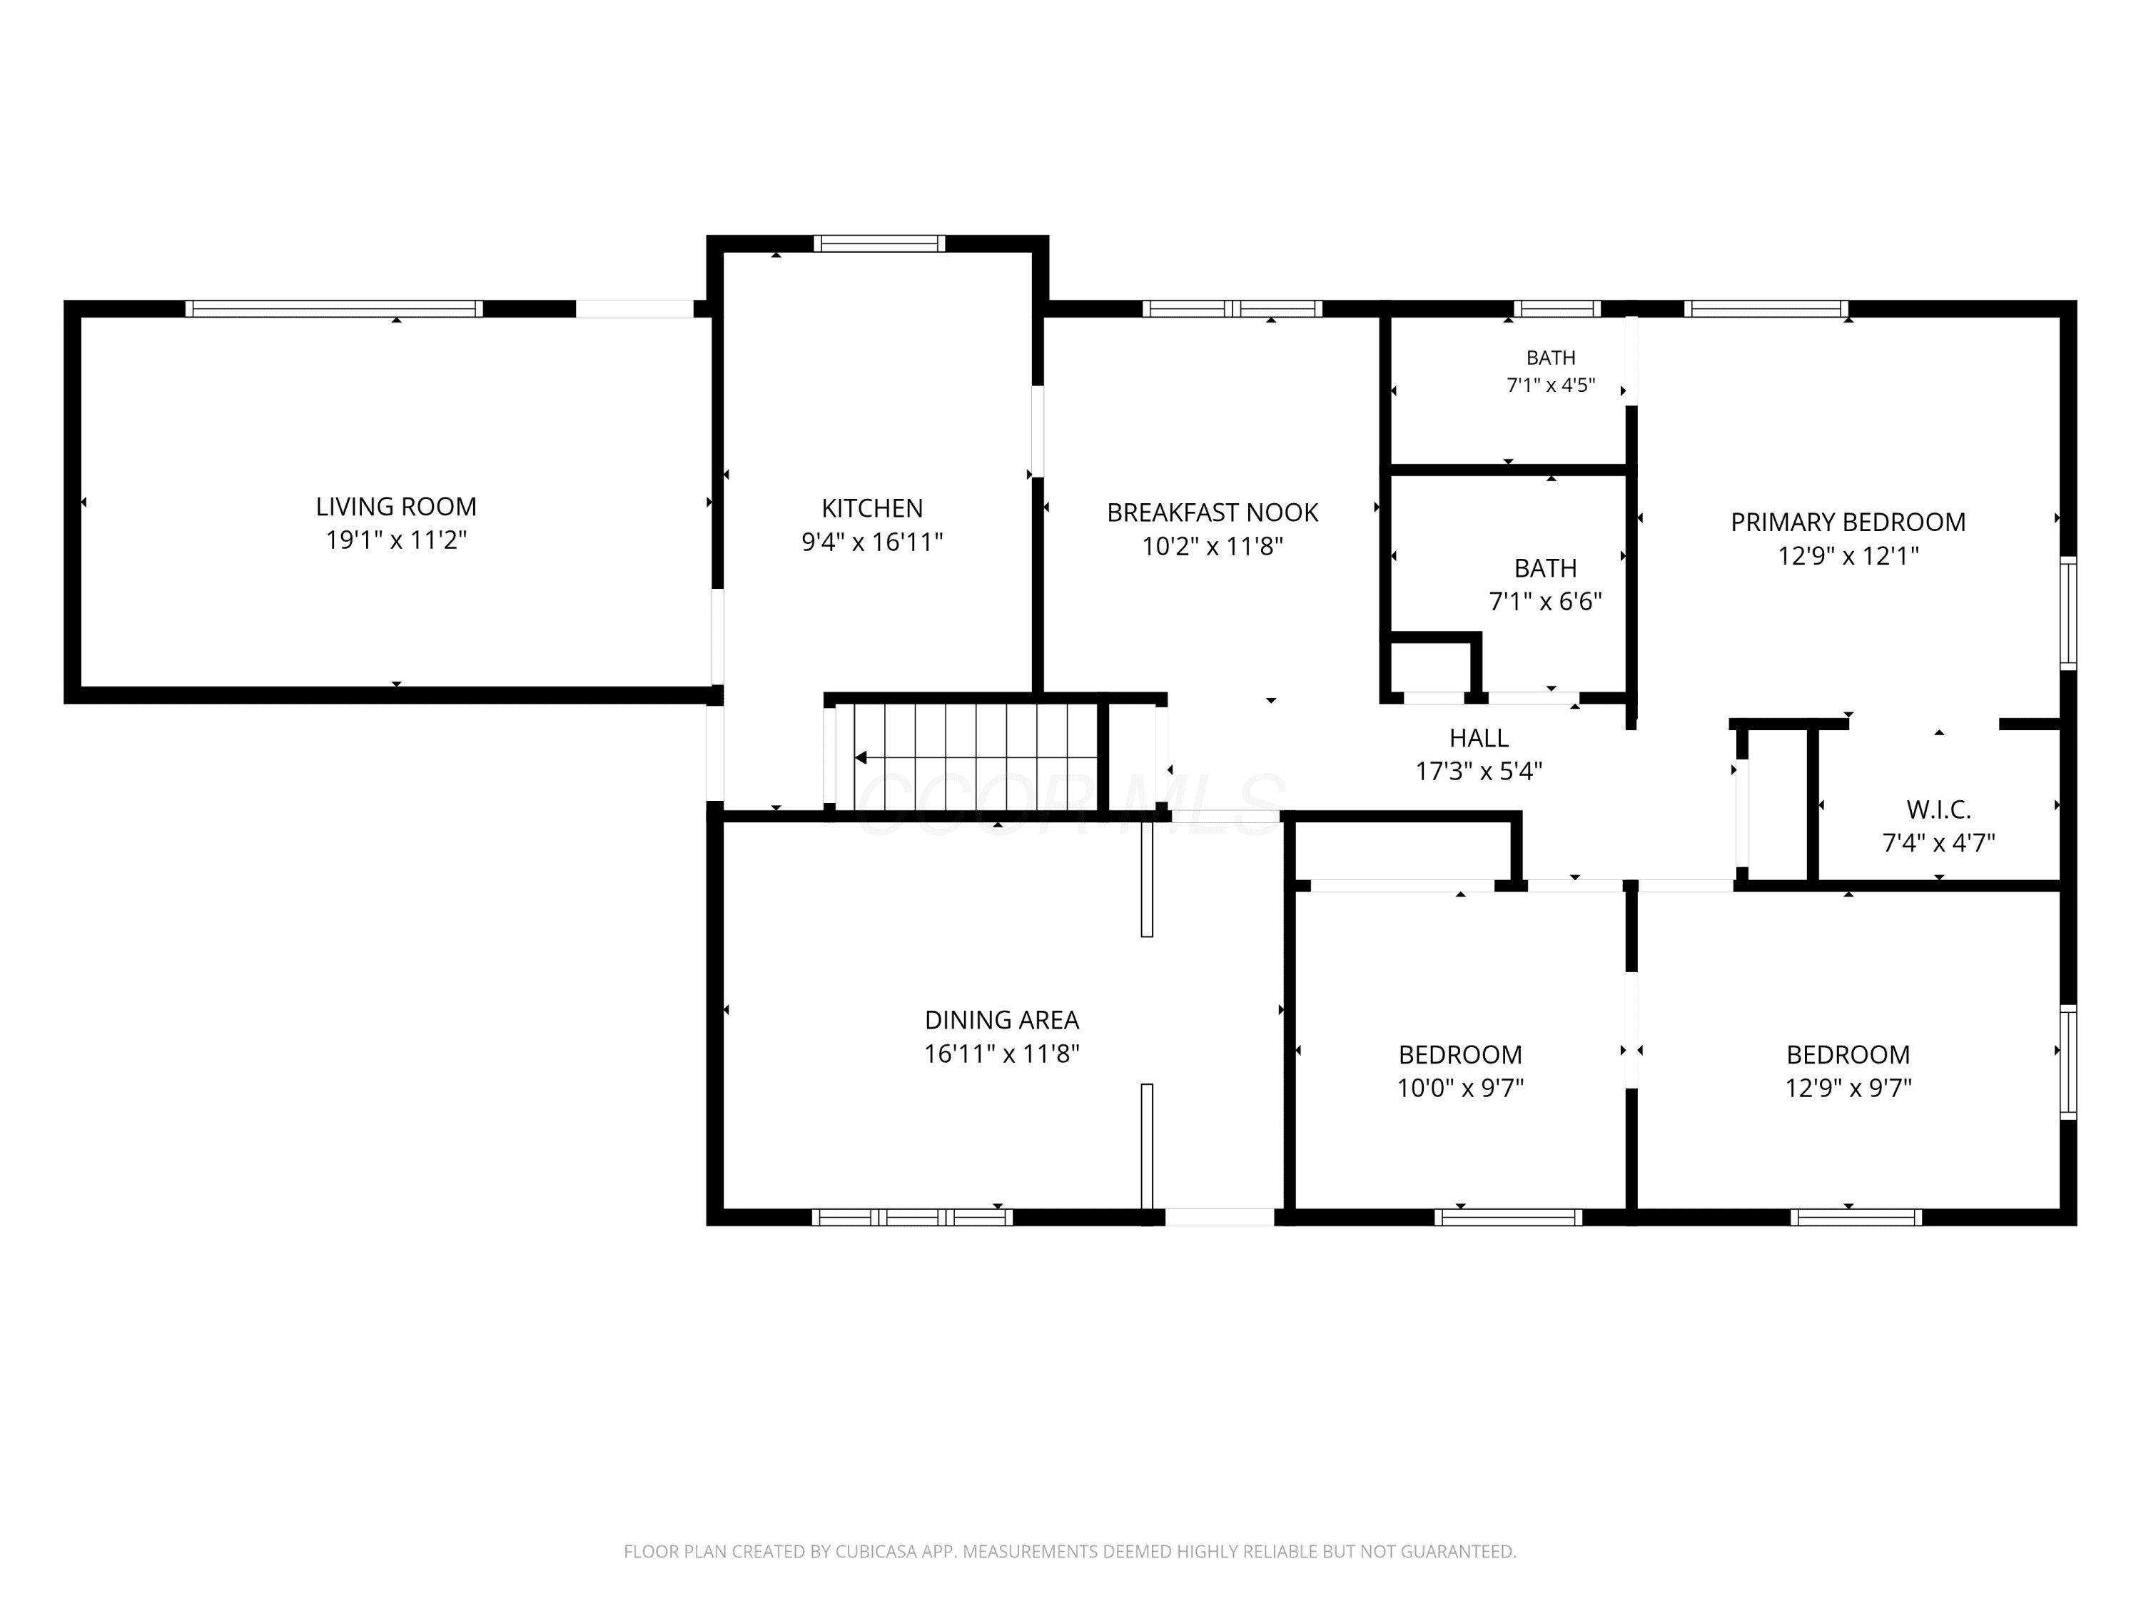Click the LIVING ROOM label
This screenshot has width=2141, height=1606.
point(396,506)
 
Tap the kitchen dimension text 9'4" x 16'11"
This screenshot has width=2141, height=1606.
point(872,542)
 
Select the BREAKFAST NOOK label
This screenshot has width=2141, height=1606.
point(1213,512)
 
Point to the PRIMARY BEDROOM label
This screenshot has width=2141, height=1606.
point(1848,522)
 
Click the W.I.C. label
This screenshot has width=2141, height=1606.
point(1939,809)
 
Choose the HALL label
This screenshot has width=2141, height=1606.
point(1479,737)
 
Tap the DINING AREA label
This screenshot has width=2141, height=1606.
point(1002,1019)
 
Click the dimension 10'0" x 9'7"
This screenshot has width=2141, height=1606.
point(1461,1088)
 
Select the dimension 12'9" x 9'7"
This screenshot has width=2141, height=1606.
point(1848,1088)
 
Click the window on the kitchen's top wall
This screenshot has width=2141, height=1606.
point(879,243)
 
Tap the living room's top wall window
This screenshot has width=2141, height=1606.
point(334,309)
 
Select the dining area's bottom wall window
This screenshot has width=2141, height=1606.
point(912,1217)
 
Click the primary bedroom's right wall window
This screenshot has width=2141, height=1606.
point(2067,612)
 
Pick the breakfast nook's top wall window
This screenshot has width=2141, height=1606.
point(1232,309)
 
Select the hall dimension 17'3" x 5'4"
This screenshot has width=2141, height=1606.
point(1479,772)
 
